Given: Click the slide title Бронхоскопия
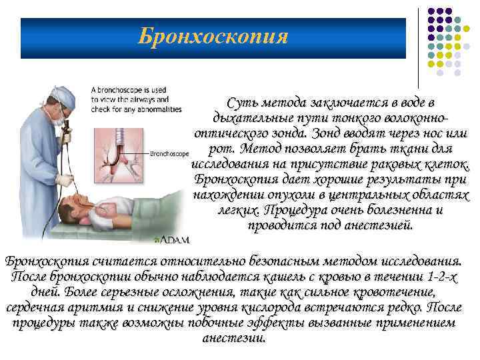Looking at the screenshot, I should click(213, 36).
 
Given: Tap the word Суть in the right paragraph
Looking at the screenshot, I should click(241, 103).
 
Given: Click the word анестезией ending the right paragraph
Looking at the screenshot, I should click(377, 225).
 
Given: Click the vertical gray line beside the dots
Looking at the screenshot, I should click(419, 47).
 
